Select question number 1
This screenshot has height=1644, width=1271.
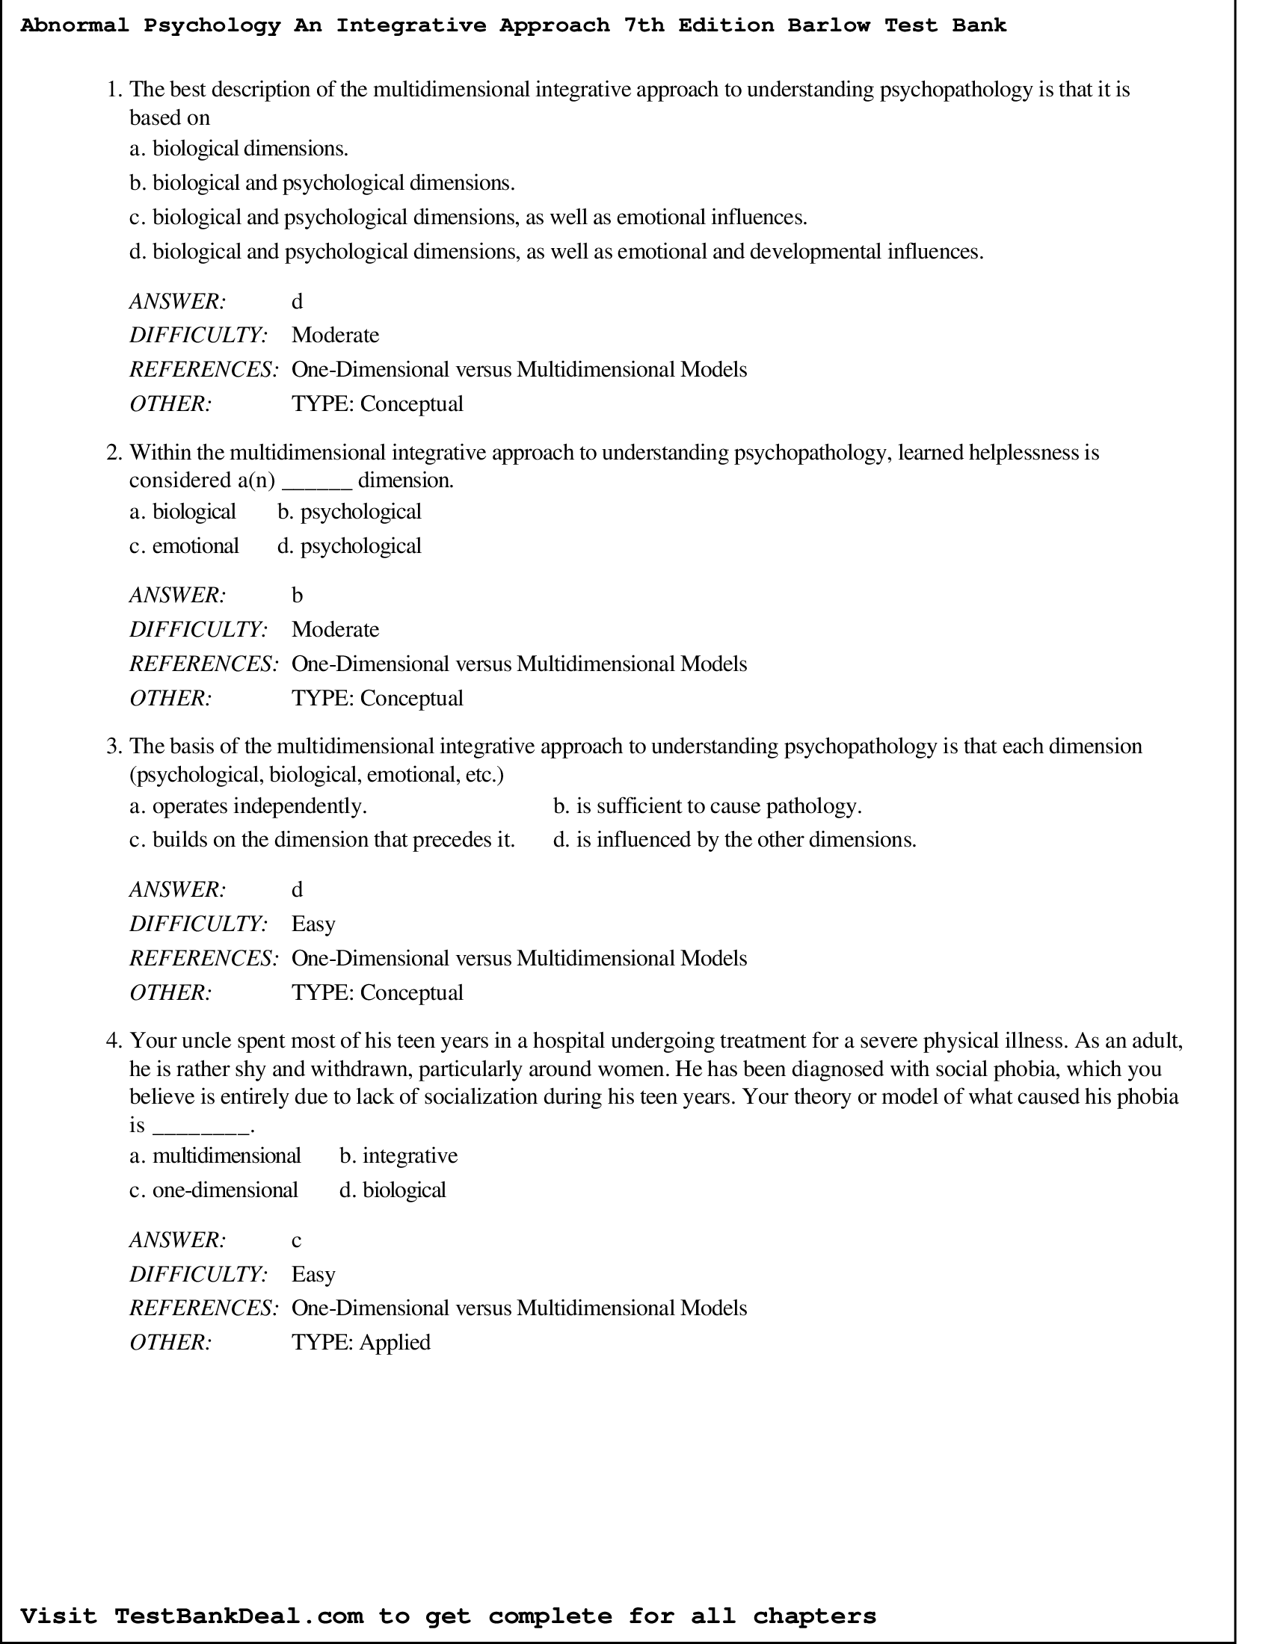pos(114,90)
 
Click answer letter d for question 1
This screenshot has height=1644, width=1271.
pos(297,301)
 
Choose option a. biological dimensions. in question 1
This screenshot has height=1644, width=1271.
pos(238,148)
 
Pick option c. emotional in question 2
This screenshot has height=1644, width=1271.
pos(184,546)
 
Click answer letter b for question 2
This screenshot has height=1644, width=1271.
pos(297,596)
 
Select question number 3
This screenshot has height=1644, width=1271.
pos(114,746)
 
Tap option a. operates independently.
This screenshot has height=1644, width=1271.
pos(247,806)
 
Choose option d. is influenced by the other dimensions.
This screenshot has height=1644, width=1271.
pos(734,839)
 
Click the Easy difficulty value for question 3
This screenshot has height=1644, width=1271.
pos(313,924)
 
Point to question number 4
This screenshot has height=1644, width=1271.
pos(114,1040)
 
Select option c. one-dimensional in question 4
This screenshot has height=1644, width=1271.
pos(214,1190)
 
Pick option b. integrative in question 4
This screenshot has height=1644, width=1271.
pos(398,1155)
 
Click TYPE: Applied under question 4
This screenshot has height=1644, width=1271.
pos(360,1342)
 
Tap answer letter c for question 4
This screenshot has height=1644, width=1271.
pos(296,1240)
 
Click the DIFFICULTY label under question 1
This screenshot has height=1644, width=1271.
pos(199,335)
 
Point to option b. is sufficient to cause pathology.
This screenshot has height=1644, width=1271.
pos(707,806)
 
